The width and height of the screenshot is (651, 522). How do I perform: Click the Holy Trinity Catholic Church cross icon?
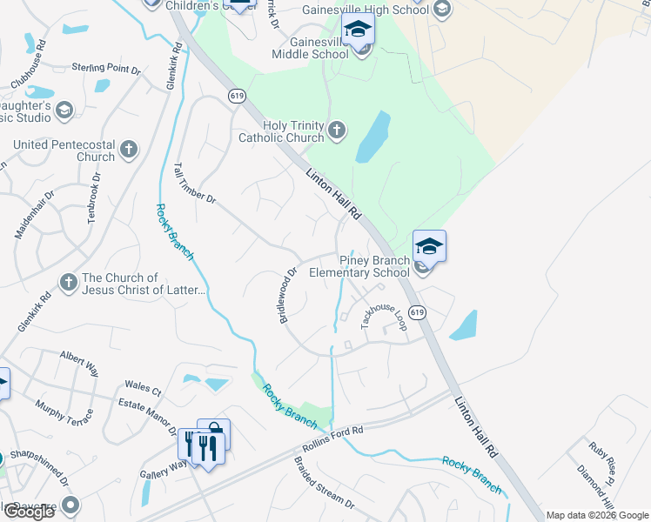pos(337,131)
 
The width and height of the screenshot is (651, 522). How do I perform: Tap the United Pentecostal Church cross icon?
pos(128,149)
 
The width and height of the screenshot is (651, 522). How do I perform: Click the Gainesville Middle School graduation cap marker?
pos(357,32)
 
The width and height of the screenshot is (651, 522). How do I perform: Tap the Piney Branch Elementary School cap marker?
pos(429,247)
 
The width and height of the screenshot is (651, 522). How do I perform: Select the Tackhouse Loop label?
pos(384,315)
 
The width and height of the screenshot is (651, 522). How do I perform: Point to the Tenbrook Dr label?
pos(94,198)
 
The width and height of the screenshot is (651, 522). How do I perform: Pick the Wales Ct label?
pos(143,387)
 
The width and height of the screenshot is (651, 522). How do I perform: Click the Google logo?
pos(29,512)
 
